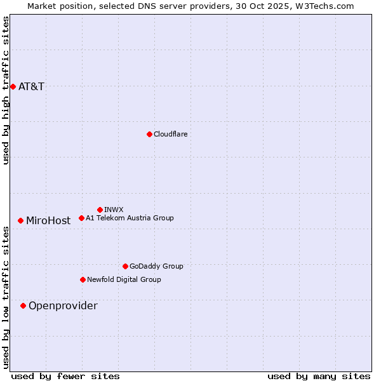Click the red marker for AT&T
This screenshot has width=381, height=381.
(13, 86)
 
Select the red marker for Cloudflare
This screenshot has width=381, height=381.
(149, 134)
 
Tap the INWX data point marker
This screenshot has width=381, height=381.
(100, 210)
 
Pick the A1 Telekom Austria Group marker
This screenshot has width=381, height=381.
(81, 218)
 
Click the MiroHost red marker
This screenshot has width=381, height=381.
(20, 220)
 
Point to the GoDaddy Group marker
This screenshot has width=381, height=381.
(125, 266)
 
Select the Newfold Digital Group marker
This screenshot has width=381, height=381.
(83, 279)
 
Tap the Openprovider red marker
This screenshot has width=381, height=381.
(23, 305)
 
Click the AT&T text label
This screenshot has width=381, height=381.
(32, 86)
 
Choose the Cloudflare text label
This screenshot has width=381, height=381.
(170, 134)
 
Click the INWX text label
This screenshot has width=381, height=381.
(114, 210)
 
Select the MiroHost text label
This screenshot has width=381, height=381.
(48, 221)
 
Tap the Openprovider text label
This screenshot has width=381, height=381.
(63, 306)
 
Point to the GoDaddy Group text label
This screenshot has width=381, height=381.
(156, 266)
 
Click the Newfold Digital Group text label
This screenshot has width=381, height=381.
(124, 279)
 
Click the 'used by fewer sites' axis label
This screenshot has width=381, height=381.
(65, 376)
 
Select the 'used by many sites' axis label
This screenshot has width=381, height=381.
(319, 376)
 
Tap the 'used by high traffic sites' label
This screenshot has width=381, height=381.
(6, 90)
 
